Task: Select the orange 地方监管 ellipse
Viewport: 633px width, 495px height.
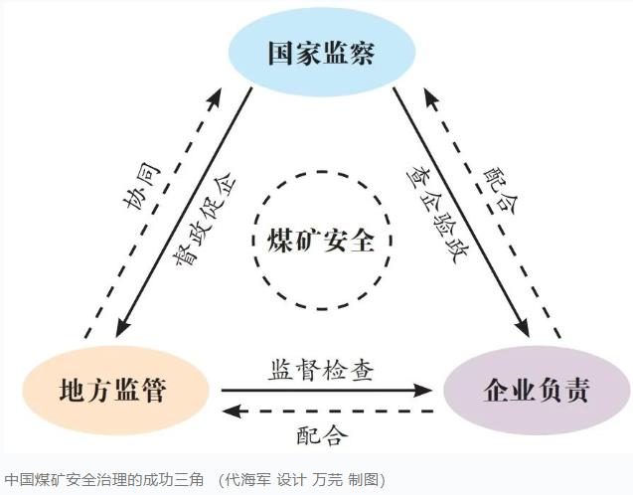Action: [115, 390]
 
